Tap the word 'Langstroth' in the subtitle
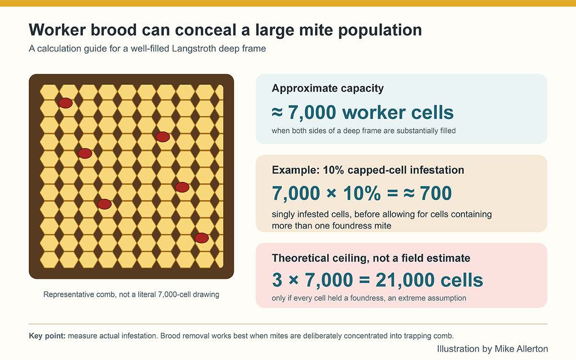point(194,48)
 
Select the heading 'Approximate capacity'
point(327,88)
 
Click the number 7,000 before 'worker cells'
point(312,112)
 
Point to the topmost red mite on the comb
point(66,103)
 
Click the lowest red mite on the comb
point(202,238)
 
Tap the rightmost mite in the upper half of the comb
point(163,137)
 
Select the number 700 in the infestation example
point(436,193)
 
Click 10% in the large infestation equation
point(362,193)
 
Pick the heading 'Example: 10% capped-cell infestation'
point(368,170)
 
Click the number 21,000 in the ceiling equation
point(405,280)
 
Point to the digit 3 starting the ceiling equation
point(277,280)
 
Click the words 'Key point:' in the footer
point(48,336)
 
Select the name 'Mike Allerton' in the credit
point(521,348)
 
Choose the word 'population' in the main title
point(380,30)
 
